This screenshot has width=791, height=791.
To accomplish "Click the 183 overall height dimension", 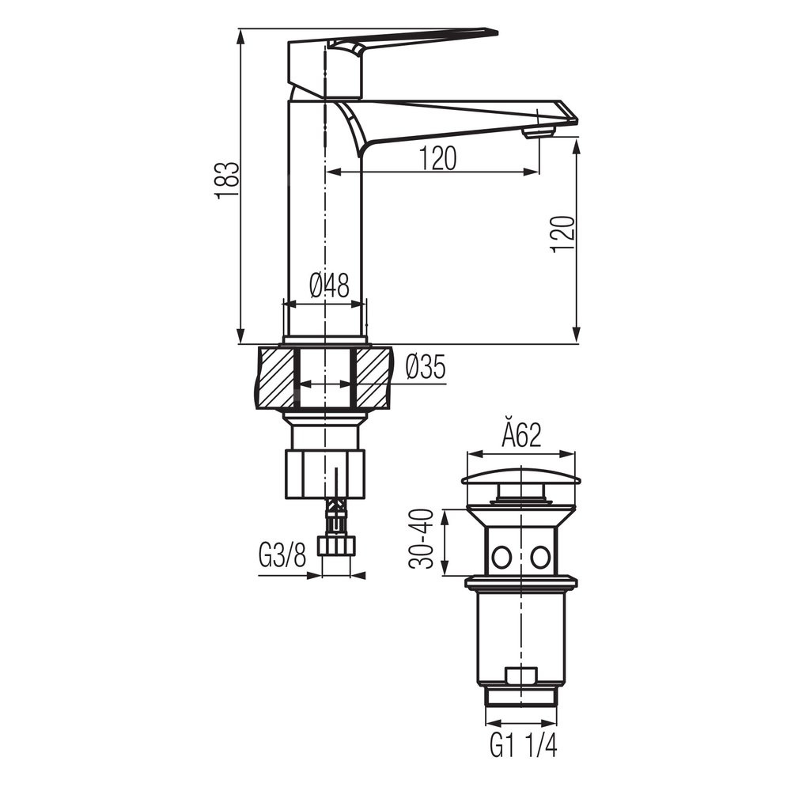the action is pos(226,180).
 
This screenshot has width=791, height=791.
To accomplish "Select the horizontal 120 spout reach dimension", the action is pos(437,158).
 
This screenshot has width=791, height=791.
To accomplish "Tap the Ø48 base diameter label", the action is pos(329,286).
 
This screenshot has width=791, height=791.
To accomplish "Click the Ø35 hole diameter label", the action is pos(426,366).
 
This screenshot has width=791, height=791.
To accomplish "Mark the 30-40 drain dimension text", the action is pos(422,539).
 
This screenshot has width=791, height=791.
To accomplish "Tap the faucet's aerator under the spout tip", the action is pos(539,132).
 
